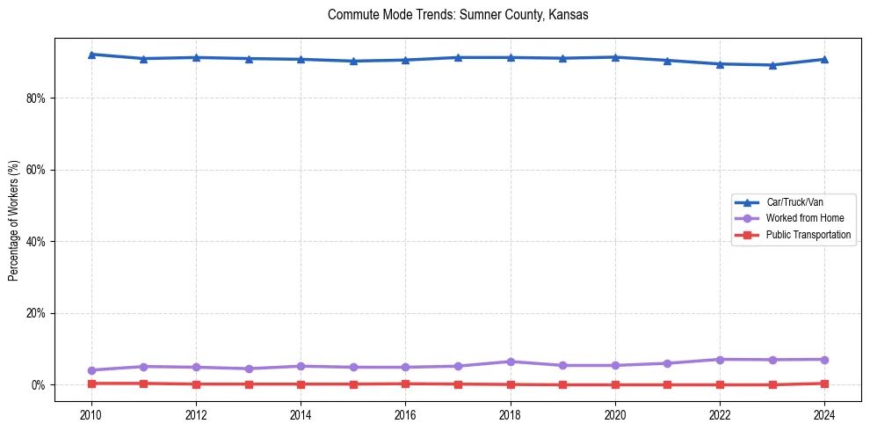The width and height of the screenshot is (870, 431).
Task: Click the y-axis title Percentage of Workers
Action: [x=13, y=221]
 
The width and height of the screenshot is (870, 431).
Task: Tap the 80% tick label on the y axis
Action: [x=35, y=98]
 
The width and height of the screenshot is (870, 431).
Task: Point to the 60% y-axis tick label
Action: [x=35, y=170]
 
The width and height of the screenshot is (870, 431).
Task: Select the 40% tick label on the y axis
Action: [x=35, y=241]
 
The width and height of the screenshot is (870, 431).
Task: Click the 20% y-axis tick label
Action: [x=35, y=313]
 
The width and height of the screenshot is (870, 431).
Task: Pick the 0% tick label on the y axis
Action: [x=38, y=385]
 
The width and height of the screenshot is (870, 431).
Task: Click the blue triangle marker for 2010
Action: [x=91, y=55]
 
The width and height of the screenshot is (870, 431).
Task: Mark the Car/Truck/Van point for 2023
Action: [x=772, y=65]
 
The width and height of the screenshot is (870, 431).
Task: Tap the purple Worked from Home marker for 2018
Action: [x=510, y=362]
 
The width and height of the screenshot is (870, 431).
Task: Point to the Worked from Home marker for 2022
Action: [x=719, y=360]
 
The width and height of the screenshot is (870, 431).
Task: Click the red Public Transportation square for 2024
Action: [x=823, y=384]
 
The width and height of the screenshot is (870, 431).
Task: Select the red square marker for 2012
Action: [x=196, y=384]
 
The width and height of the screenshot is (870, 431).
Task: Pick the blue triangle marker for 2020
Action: [x=614, y=57]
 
